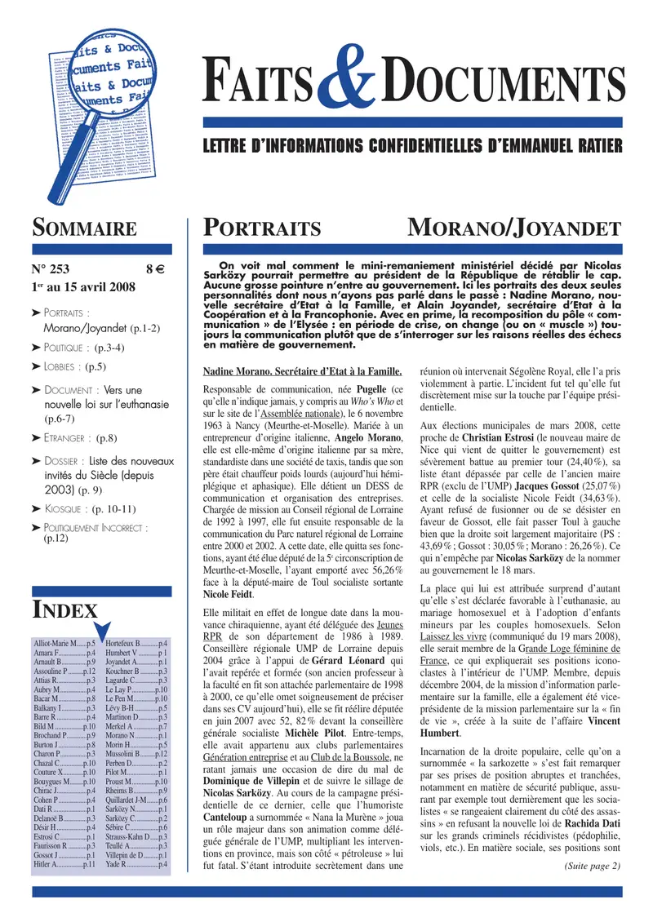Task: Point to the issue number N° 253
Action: coord(53,268)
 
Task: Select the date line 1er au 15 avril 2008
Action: coord(80,287)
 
